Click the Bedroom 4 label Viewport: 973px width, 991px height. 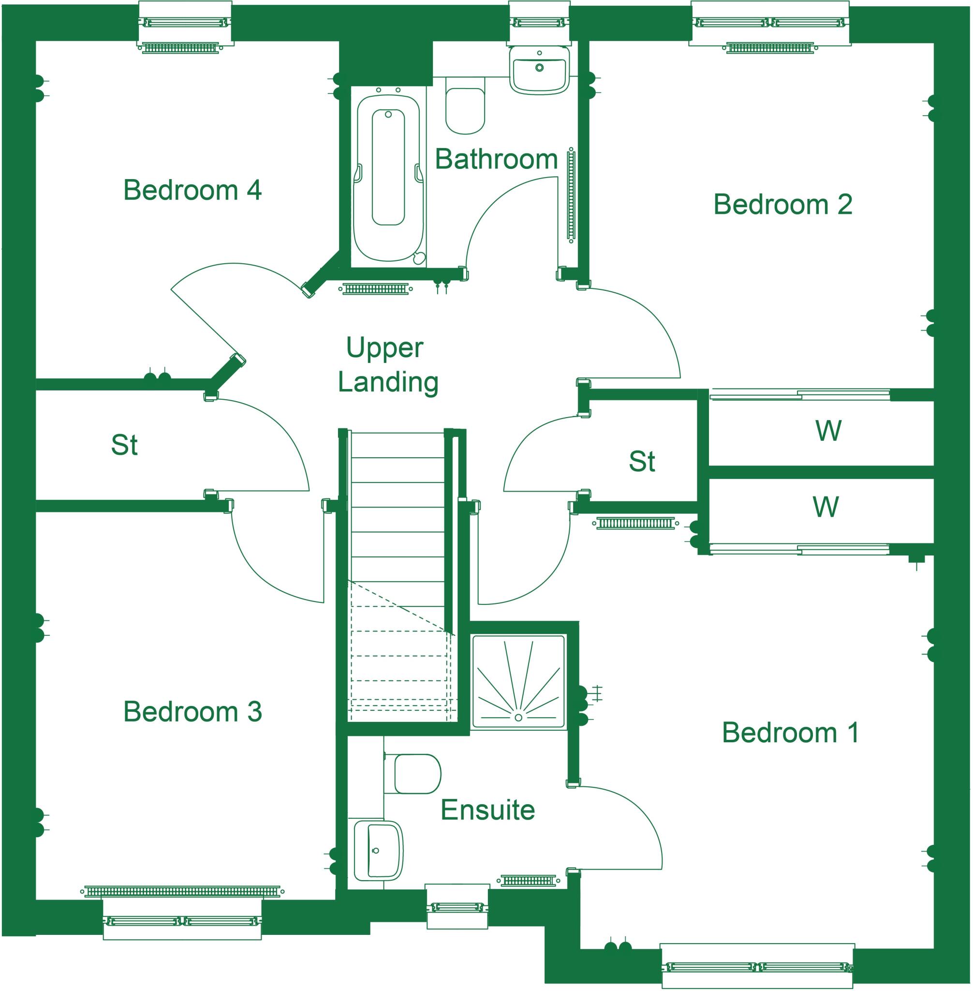point(192,190)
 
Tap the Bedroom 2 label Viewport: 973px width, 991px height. point(782,205)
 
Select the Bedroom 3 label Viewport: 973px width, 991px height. point(192,712)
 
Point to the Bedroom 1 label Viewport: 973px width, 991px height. point(790,733)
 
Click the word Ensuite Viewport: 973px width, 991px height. point(487,810)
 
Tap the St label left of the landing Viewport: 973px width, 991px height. point(124,445)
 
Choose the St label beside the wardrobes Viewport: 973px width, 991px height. point(642,462)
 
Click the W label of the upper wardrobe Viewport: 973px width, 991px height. point(828,431)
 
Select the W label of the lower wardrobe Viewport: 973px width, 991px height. point(826,507)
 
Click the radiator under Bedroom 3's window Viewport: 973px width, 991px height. point(182,891)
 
